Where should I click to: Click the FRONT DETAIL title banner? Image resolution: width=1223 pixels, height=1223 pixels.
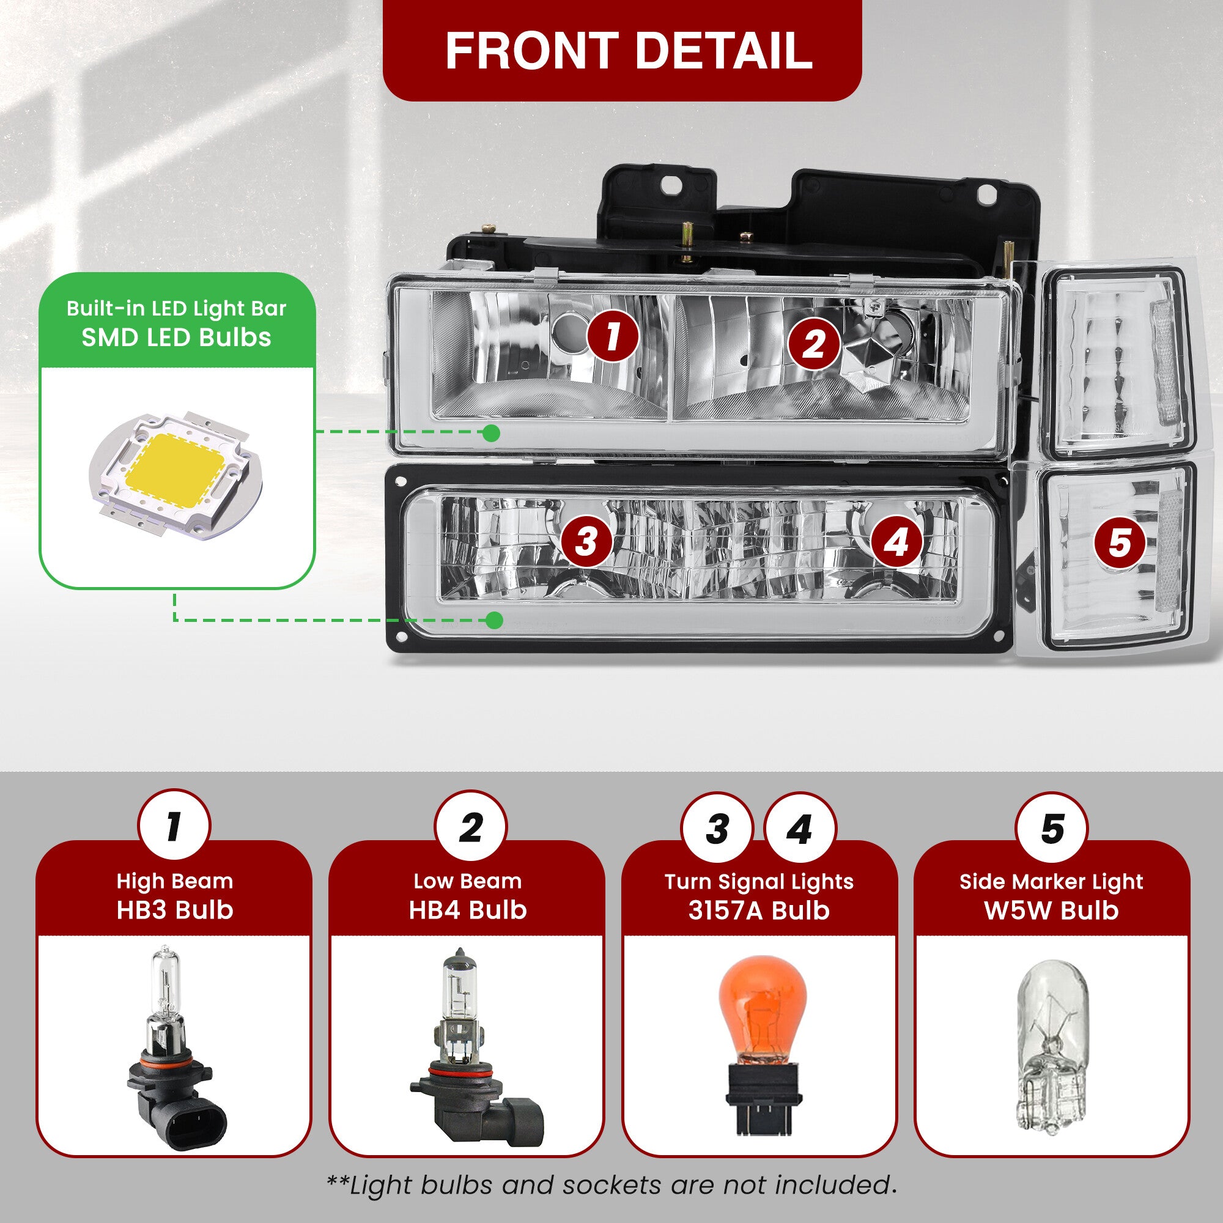(623, 50)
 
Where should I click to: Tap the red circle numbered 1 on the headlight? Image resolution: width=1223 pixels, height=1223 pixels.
(612, 336)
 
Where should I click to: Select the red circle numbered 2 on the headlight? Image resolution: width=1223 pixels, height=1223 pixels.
(814, 344)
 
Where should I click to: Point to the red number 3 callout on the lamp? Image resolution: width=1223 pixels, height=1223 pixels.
(587, 541)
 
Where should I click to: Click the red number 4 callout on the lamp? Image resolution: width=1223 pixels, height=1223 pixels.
(896, 542)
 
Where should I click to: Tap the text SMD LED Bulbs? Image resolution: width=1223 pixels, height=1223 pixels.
(176, 338)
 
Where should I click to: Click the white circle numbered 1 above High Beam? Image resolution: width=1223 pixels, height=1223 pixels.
(174, 826)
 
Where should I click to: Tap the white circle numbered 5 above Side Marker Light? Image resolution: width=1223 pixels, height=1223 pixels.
(1052, 828)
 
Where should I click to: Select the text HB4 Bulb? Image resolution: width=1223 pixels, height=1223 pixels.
(468, 910)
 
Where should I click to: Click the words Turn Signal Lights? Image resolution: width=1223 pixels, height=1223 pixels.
(759, 881)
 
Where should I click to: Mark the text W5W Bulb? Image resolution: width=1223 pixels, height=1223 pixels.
(1051, 911)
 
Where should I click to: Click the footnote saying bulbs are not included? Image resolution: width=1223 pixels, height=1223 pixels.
(611, 1184)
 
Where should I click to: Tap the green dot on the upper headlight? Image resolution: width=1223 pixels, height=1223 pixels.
(490, 433)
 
